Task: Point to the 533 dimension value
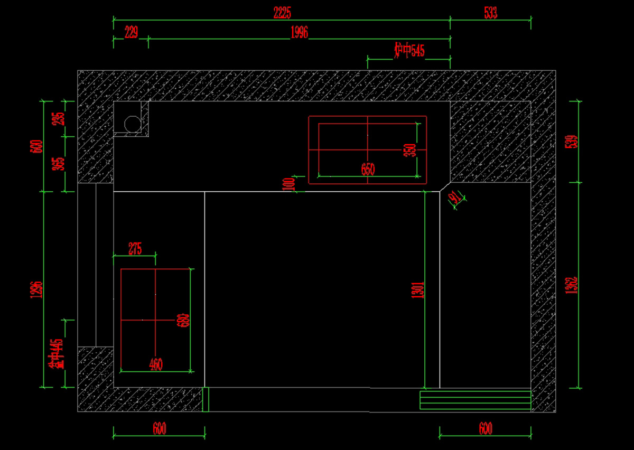[x=491, y=13]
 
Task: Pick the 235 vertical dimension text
[x=60, y=118]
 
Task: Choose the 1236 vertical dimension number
[x=36, y=289]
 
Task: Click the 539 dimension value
[x=571, y=141]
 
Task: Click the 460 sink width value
[x=156, y=364]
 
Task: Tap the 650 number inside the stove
[x=368, y=169]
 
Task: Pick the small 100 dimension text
[x=289, y=184]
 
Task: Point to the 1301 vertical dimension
[x=417, y=290]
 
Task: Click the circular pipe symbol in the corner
[x=131, y=124]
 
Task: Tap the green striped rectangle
[x=475, y=400]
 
